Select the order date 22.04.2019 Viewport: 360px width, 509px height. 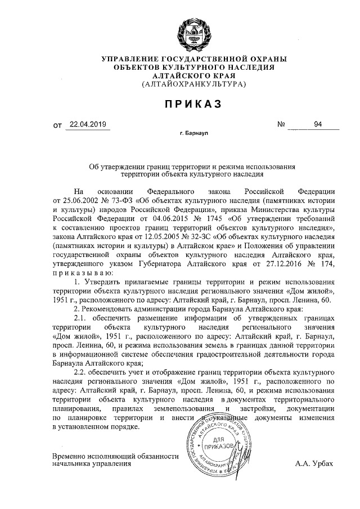point(87,125)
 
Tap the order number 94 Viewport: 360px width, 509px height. point(318,125)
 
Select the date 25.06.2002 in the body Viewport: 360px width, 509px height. point(79,200)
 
